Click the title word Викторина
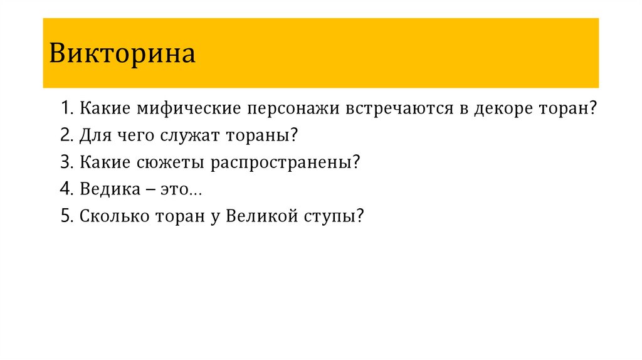tap(123, 54)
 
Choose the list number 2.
tap(66, 135)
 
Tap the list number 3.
tap(66, 162)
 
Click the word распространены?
tap(286, 162)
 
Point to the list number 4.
tap(66, 189)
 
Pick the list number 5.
tap(66, 216)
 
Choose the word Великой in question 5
tap(258, 216)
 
